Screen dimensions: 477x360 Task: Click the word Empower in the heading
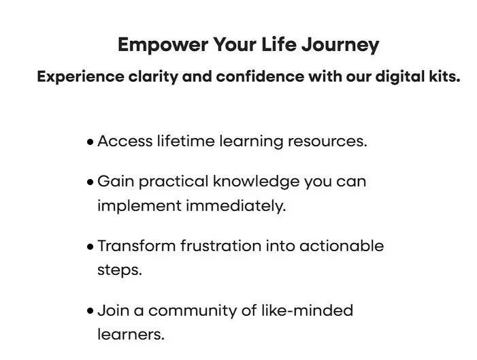163,45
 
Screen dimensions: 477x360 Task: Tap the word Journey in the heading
340,45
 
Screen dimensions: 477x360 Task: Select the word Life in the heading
279,44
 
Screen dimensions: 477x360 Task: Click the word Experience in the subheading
80,77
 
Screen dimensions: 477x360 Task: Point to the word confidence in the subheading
260,76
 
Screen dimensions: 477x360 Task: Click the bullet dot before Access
90,142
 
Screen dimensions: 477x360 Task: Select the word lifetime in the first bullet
186,141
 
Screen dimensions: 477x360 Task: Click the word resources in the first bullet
327,142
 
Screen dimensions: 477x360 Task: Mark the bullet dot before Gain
90,182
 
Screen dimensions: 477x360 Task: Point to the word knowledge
256,182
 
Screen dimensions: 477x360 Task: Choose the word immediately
236,206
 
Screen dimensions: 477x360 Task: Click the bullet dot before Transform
90,247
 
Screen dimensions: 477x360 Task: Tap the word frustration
221,246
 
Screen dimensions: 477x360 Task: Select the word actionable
342,246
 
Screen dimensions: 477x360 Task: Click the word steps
120,270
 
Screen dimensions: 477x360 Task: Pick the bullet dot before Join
90,311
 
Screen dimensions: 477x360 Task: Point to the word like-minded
308,310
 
